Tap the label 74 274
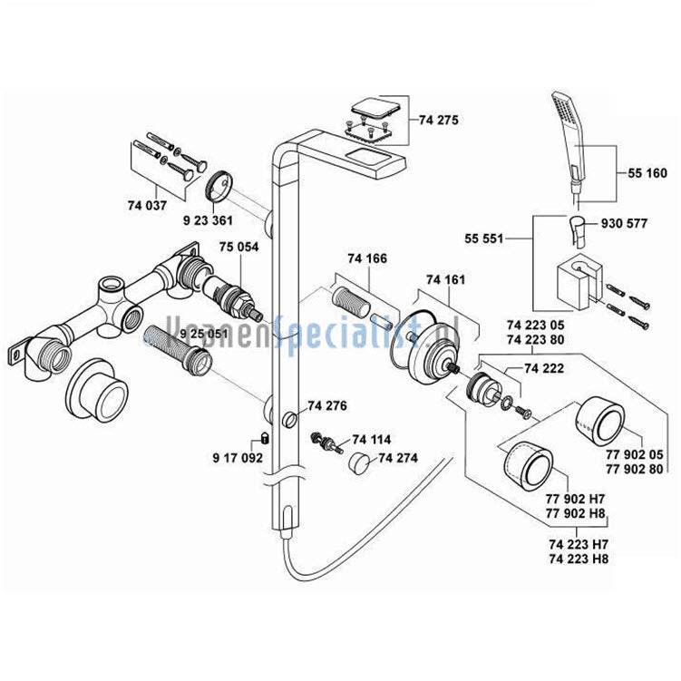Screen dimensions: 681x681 click(x=399, y=458)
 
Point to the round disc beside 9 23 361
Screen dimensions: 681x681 click(x=218, y=188)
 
